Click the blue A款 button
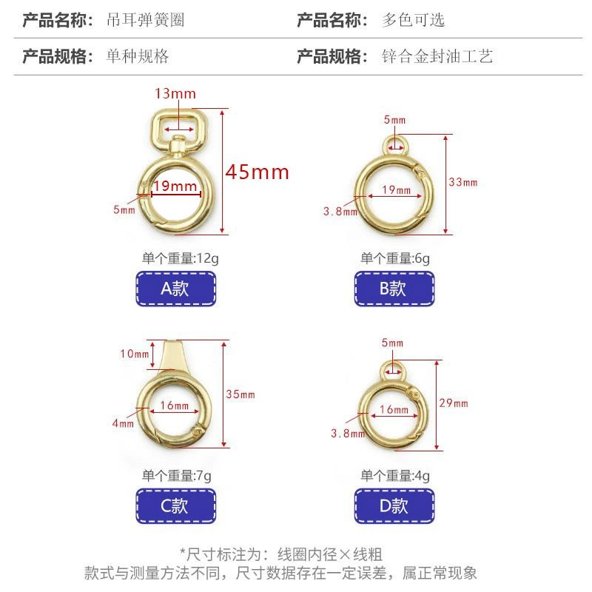click(176, 289)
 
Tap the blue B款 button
click(394, 289)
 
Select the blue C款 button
click(176, 506)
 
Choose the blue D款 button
click(394, 506)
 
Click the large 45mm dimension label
click(258, 172)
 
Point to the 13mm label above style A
click(175, 94)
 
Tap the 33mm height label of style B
click(463, 182)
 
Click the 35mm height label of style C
click(240, 394)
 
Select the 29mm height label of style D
click(454, 403)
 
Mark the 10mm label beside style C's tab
click(135, 354)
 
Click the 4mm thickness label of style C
click(123, 423)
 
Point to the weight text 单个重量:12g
click(181, 258)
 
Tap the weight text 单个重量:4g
click(395, 476)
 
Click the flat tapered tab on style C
click(173, 356)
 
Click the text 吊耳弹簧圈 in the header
click(145, 20)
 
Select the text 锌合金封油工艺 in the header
click(437, 56)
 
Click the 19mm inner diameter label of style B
click(396, 190)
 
